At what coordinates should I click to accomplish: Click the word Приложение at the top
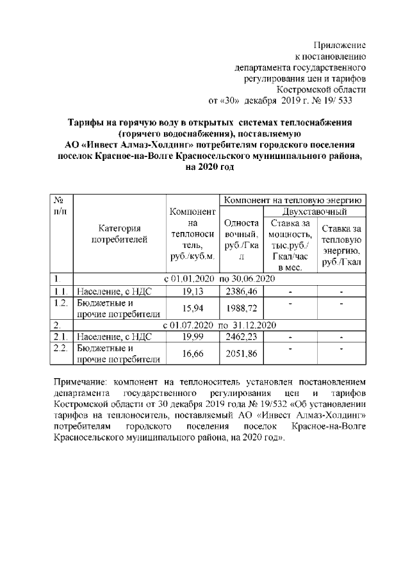pyautogui.click(x=340, y=46)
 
